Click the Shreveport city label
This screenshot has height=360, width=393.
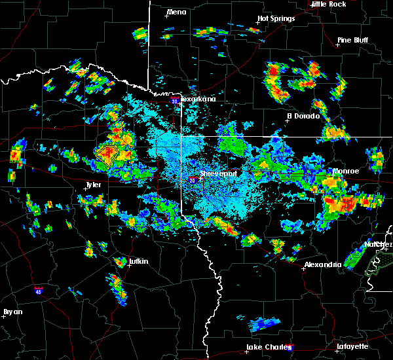218,174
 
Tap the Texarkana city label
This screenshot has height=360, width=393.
197,99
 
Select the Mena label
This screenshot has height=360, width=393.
176,12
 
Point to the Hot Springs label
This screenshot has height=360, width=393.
276,18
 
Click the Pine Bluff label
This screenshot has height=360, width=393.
352,40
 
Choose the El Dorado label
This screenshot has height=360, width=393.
303,116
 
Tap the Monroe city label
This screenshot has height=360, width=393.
346,171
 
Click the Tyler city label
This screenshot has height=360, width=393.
93,185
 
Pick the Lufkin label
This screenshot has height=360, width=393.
138,261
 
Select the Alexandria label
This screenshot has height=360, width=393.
323,264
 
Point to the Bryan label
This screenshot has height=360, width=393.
12,312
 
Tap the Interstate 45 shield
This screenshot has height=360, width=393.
39,289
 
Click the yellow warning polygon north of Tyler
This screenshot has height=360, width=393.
107,154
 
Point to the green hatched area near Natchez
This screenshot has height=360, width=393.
378,264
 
